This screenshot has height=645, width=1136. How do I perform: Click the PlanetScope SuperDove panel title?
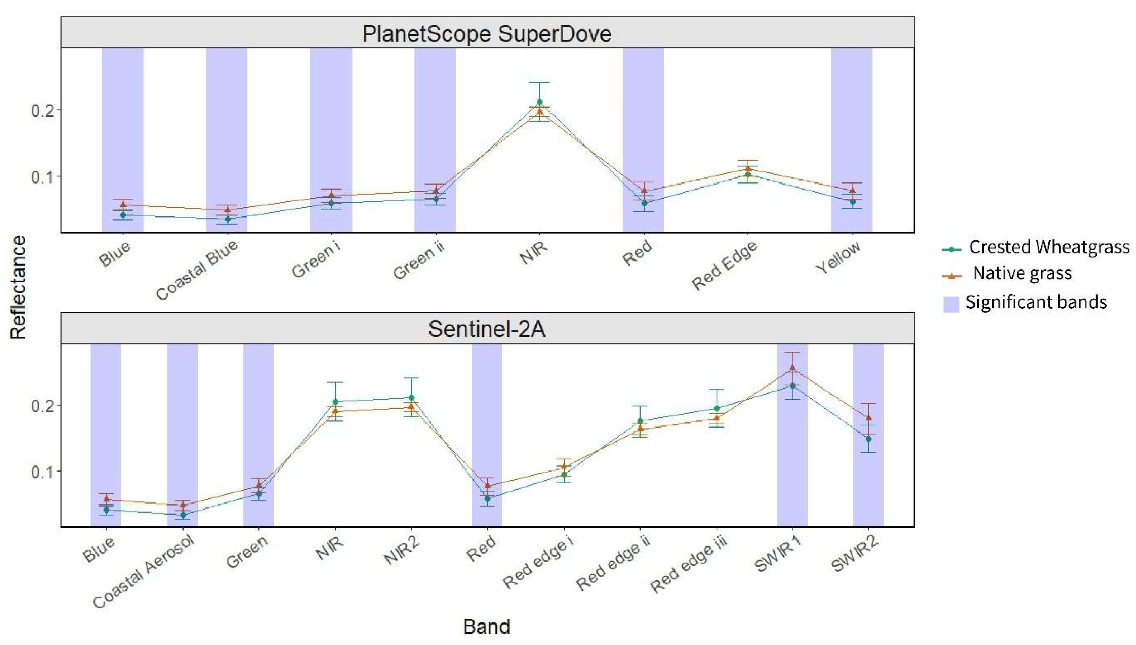pyautogui.click(x=487, y=33)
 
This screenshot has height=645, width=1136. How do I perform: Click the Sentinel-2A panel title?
pyautogui.click(x=487, y=329)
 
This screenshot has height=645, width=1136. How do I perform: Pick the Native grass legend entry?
pyautogui.click(x=1022, y=273)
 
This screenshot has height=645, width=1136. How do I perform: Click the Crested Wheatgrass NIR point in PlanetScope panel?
pyautogui.click(x=540, y=102)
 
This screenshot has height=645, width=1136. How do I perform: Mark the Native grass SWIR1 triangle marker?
pyautogui.click(x=792, y=368)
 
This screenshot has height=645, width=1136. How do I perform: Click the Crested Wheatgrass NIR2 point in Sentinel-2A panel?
pyautogui.click(x=411, y=398)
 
